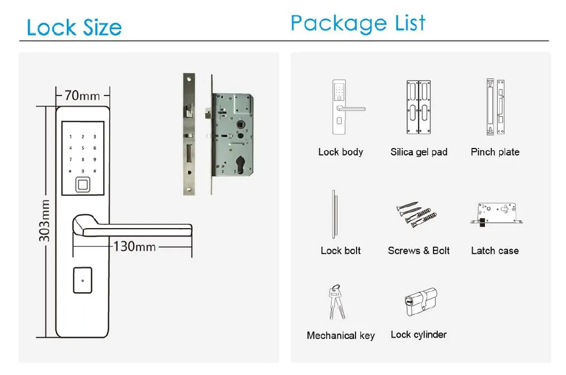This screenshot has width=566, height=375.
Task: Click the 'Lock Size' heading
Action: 74,27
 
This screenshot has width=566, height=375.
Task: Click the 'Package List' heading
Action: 358,23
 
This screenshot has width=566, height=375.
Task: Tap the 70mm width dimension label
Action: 82,96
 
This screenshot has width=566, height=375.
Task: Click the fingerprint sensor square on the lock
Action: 82,184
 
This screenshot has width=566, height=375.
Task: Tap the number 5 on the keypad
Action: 82,148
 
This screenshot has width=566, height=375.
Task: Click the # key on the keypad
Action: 95,171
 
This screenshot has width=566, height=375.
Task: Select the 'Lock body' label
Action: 340,152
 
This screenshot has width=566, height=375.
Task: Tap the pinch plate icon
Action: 495,107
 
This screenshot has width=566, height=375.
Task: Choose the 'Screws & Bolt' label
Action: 418,251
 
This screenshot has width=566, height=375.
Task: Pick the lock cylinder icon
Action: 420,302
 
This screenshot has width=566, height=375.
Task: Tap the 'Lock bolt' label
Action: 340,251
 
